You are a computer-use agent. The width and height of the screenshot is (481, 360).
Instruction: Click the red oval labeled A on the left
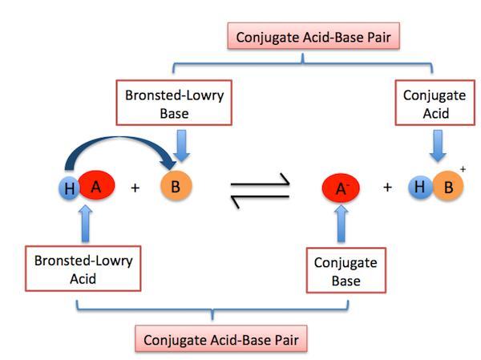[95, 187]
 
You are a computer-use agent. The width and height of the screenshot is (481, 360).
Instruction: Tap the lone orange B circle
[175, 188]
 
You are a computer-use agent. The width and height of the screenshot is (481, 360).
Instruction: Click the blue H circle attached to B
[418, 188]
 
